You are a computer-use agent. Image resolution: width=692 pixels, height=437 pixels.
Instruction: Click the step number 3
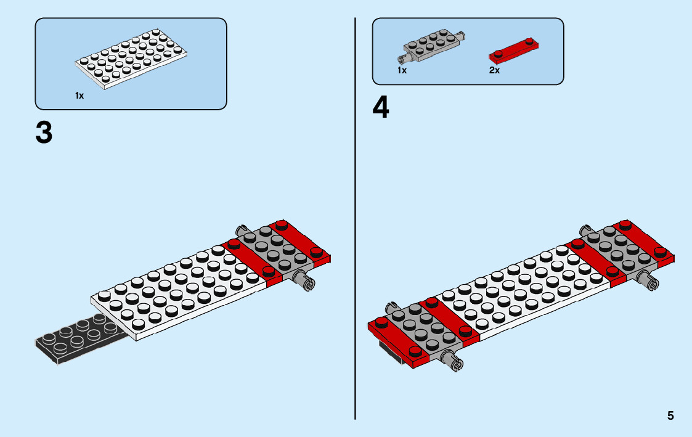44,133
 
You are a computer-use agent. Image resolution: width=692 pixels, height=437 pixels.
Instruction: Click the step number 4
381,108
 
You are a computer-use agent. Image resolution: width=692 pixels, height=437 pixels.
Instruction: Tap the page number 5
670,416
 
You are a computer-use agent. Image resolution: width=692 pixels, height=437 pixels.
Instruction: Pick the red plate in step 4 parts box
515,49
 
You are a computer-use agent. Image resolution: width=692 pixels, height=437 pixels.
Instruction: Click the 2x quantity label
494,70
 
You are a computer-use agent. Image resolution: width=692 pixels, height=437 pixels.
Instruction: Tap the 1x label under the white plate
79,96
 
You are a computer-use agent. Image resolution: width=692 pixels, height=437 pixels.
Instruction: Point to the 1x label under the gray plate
402,70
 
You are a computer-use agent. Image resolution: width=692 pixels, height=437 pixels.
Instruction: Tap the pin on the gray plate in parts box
404,59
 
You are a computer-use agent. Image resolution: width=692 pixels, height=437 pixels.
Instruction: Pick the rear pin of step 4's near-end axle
391,306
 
